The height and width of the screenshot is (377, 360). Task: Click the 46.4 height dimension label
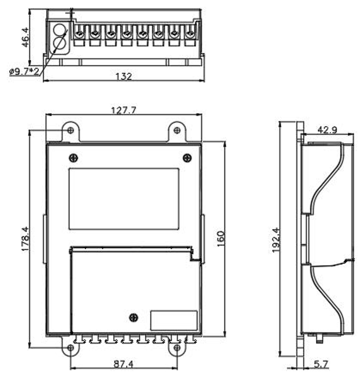click(x=25, y=37)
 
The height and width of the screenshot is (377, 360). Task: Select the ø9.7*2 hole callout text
click(x=24, y=72)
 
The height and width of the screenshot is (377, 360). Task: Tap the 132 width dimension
click(x=124, y=76)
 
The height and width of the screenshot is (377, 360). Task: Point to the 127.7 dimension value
click(x=124, y=110)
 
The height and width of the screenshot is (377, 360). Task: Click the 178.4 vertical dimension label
click(x=25, y=239)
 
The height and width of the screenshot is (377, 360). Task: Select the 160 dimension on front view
click(x=221, y=239)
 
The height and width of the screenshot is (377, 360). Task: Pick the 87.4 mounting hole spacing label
click(x=124, y=364)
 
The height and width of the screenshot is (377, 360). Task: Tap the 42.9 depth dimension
click(x=327, y=130)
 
